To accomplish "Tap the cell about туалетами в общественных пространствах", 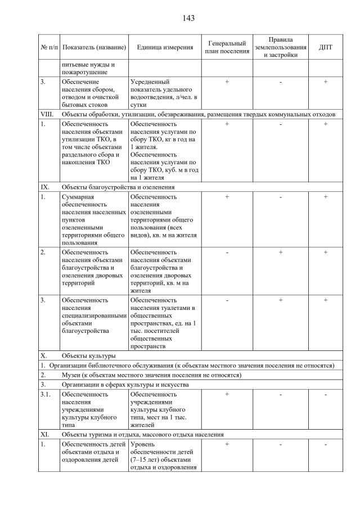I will (x=164, y=323).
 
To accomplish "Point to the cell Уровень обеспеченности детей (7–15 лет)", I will (x=164, y=456).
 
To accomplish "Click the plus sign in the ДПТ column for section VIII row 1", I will (x=325, y=124).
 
